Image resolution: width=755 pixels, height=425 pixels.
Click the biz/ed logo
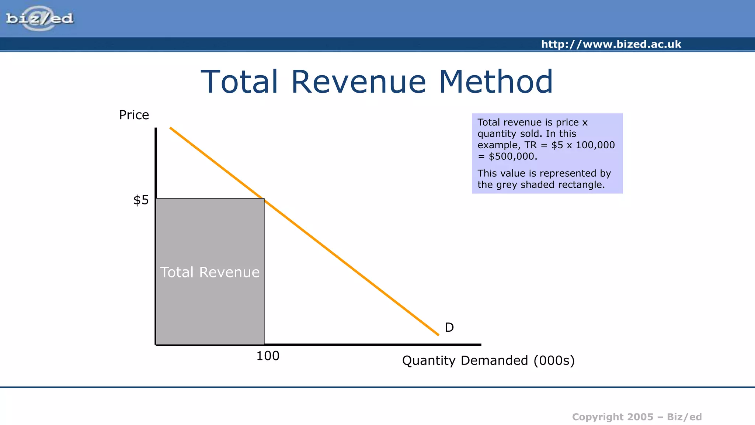click(x=40, y=18)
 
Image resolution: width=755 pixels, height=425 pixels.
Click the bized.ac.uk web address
click(x=611, y=44)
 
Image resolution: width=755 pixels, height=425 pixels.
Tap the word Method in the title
click(x=496, y=82)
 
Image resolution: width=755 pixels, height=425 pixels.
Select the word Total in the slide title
click(x=239, y=82)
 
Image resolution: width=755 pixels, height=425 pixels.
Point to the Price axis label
click(x=134, y=115)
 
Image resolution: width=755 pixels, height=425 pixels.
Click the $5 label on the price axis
click(x=141, y=200)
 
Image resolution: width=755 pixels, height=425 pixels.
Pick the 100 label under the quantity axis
click(x=268, y=356)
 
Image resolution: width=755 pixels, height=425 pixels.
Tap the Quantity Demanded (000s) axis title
click(x=488, y=360)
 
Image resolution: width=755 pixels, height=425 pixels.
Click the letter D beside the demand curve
click(x=449, y=327)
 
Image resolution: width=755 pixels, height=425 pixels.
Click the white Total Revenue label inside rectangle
click(x=210, y=272)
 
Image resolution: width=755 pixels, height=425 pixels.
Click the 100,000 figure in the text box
click(x=595, y=145)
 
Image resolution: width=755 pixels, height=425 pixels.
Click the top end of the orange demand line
click(x=171, y=128)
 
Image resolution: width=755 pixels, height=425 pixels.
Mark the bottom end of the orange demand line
click(x=438, y=335)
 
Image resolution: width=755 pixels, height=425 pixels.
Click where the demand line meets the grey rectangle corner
click(x=264, y=199)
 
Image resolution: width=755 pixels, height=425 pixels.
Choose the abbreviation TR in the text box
click(x=530, y=145)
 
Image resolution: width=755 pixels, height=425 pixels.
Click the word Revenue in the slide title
click(x=358, y=82)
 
